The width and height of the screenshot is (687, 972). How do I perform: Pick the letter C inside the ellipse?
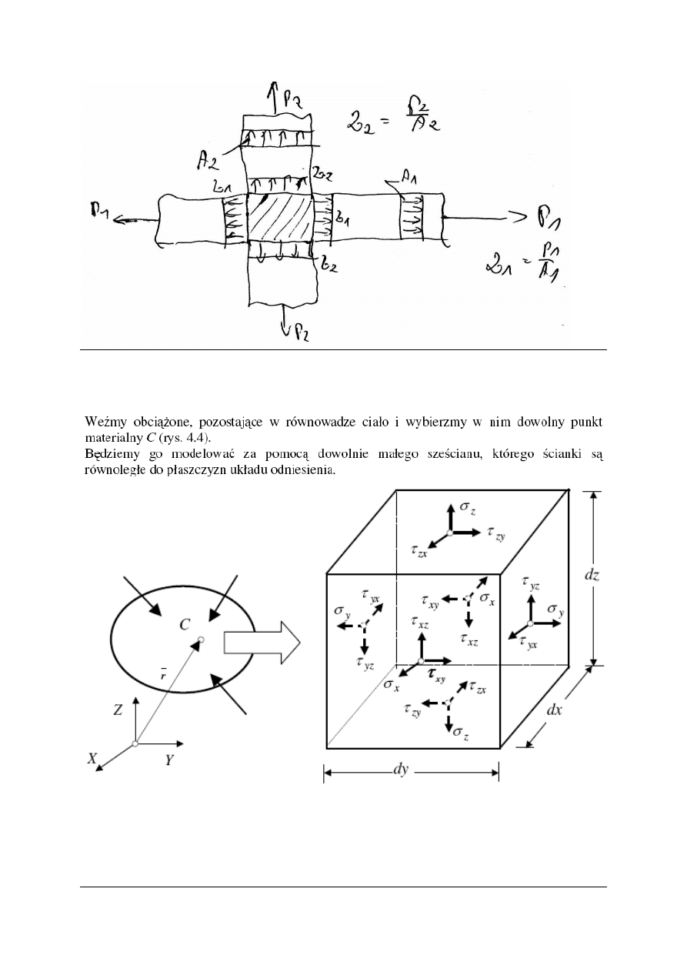(186, 624)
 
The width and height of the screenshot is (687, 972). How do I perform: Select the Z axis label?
(118, 710)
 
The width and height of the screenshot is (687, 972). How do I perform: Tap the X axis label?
(93, 758)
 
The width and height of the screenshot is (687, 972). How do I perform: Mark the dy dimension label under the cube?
(400, 770)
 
